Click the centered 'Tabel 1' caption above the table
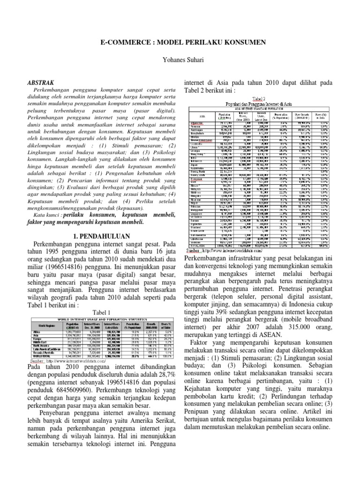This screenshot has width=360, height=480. click(101, 312)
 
